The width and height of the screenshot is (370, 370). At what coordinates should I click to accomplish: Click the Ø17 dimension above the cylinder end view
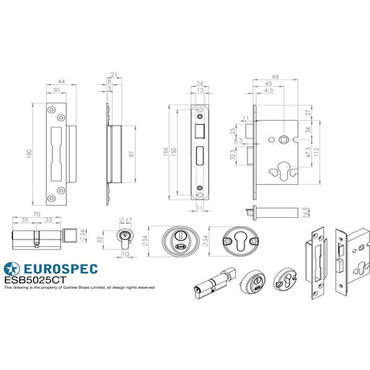125,219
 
